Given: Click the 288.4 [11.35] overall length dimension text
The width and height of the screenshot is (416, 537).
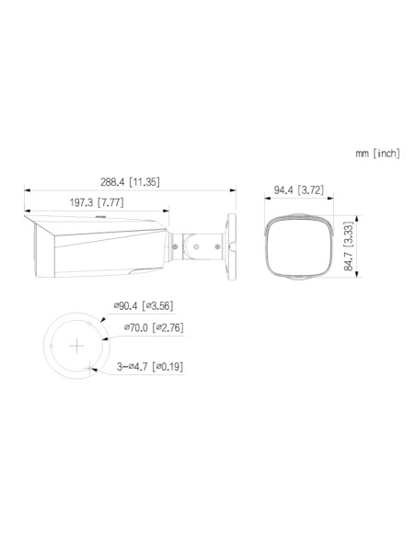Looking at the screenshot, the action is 130,182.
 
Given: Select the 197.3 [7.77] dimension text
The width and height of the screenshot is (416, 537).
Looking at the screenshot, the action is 97,202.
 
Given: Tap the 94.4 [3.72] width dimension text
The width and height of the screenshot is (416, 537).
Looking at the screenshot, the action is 298,189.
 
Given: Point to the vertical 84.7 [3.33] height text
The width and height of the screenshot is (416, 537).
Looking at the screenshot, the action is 349,246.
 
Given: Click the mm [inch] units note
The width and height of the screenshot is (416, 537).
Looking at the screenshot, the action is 377,153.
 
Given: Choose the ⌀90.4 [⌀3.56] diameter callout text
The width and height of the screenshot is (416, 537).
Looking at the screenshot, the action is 144,305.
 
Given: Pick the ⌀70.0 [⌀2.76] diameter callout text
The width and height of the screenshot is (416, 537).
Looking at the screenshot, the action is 154,327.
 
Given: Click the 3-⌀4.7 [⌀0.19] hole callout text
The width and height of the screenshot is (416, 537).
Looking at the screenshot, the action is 150,367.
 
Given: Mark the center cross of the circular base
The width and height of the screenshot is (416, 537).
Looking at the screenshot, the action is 77,346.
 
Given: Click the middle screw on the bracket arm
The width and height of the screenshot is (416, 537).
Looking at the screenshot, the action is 196,246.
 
